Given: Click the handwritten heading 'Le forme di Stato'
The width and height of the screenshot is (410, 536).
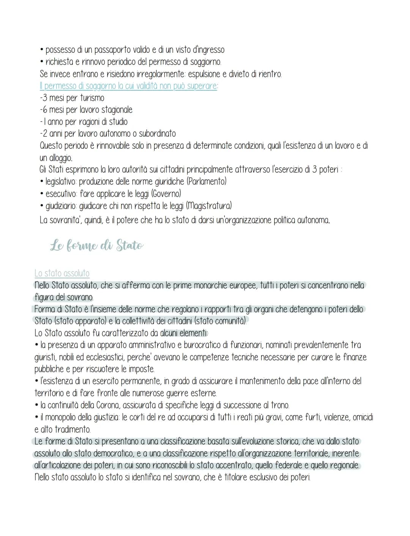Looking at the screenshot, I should click(x=97, y=246).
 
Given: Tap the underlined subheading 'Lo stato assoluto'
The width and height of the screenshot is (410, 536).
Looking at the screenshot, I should click(x=62, y=273).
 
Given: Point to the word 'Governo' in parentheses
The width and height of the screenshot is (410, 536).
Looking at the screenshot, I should click(x=166, y=194).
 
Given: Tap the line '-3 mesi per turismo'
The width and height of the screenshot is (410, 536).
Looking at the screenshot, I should click(x=72, y=98).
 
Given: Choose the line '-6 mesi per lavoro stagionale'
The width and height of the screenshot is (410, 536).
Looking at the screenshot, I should click(x=86, y=110).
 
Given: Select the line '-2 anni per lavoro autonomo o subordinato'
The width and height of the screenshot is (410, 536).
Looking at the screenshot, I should click(x=107, y=134).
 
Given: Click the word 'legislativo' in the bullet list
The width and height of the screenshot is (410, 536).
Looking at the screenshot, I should click(x=61, y=181).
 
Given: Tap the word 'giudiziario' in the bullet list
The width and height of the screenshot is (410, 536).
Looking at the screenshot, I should click(x=61, y=206).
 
